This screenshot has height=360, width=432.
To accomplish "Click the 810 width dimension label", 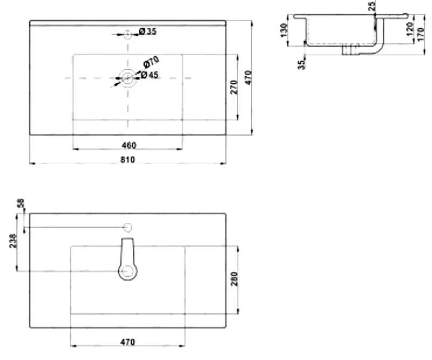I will [x=127, y=159].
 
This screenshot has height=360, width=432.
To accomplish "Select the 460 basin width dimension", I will [x=129, y=145].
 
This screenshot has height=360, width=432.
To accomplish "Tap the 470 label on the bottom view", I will [x=127, y=342].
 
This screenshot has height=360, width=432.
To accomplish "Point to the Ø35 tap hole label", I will [x=147, y=32].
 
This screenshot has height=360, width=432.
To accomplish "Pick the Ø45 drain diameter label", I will [x=148, y=75].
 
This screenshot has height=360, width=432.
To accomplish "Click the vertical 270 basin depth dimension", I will [x=234, y=87].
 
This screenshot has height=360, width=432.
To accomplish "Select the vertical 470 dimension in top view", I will [x=248, y=78].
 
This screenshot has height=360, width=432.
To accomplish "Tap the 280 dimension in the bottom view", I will [x=234, y=279].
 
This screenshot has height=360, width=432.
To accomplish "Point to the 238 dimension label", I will [x=13, y=241].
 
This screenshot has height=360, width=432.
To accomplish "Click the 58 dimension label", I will [x=21, y=203].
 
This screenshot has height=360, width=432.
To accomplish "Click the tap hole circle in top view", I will [x=128, y=35].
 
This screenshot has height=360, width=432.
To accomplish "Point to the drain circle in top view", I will [x=128, y=78].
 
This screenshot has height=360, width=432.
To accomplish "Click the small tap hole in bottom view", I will [x=128, y=227].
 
